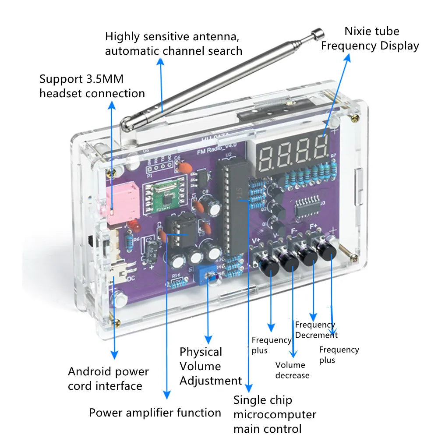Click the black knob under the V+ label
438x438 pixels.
click(x=268, y=263)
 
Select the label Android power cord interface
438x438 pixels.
click(x=108, y=379)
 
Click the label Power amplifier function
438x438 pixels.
click(x=155, y=413)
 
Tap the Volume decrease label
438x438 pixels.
click(x=292, y=370)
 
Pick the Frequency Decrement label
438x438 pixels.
click(x=316, y=330)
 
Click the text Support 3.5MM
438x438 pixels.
click(x=81, y=79)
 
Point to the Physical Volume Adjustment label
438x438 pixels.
click(x=210, y=366)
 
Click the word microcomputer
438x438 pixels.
click(x=275, y=414)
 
